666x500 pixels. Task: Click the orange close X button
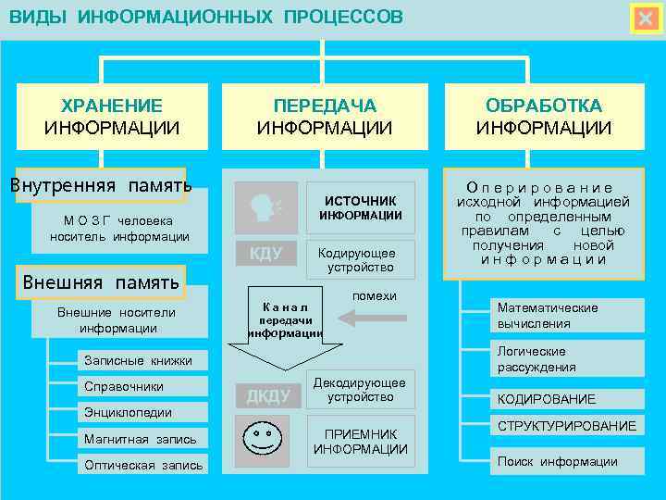point(644,19)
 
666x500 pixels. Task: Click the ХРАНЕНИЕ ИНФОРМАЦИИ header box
point(112,117)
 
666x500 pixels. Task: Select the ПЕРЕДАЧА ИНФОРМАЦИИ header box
point(325,117)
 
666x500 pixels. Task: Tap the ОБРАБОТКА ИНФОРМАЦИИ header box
point(544,117)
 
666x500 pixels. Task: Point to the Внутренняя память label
point(100,184)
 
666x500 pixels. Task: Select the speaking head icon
point(265,207)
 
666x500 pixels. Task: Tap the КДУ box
point(265,254)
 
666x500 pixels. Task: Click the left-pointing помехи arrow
point(371,319)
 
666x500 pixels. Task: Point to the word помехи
point(375,295)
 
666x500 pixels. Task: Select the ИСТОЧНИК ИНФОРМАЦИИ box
point(361,207)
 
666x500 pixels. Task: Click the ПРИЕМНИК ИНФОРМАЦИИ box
point(361,442)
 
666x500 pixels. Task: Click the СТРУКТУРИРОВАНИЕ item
point(566,426)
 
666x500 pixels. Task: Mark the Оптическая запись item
point(142,465)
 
